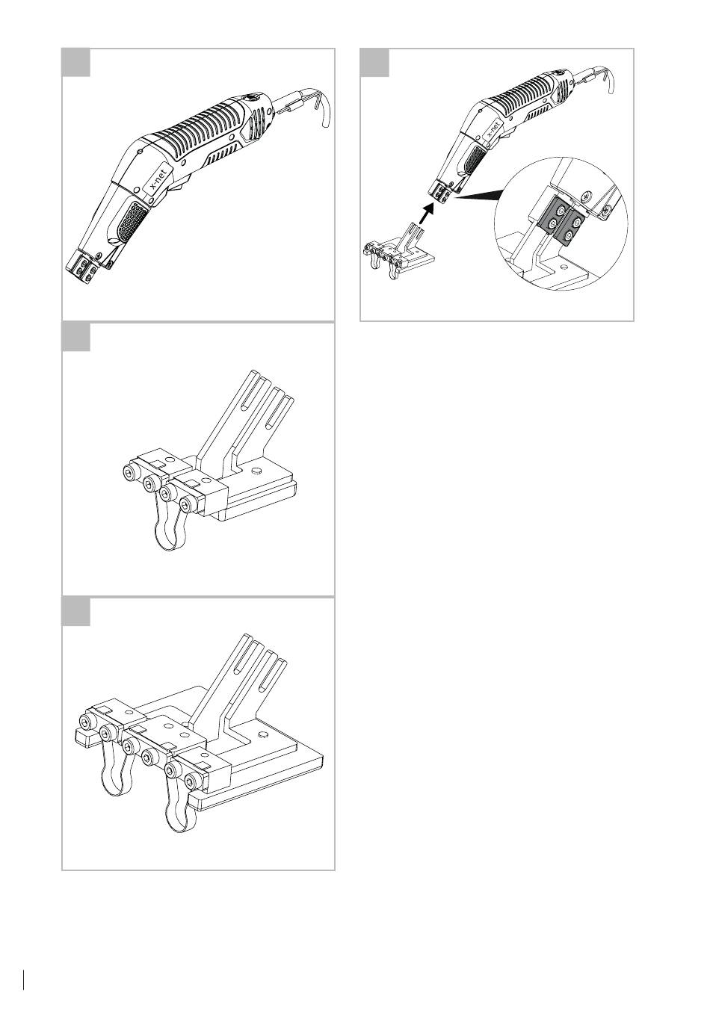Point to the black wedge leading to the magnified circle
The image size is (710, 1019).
pyautogui.click(x=478, y=193)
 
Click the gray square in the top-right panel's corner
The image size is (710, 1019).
pyautogui.click(x=374, y=62)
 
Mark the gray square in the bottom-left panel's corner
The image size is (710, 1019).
pyautogui.click(x=75, y=611)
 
